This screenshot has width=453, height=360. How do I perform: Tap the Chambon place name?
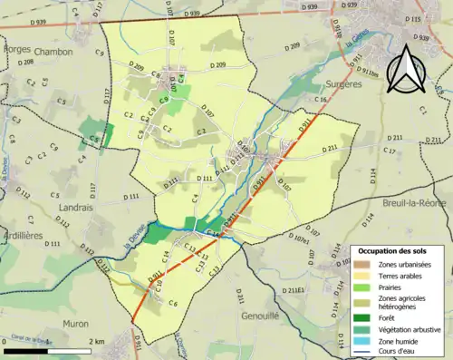[53, 52]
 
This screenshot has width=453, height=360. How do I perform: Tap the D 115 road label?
[411, 19]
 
